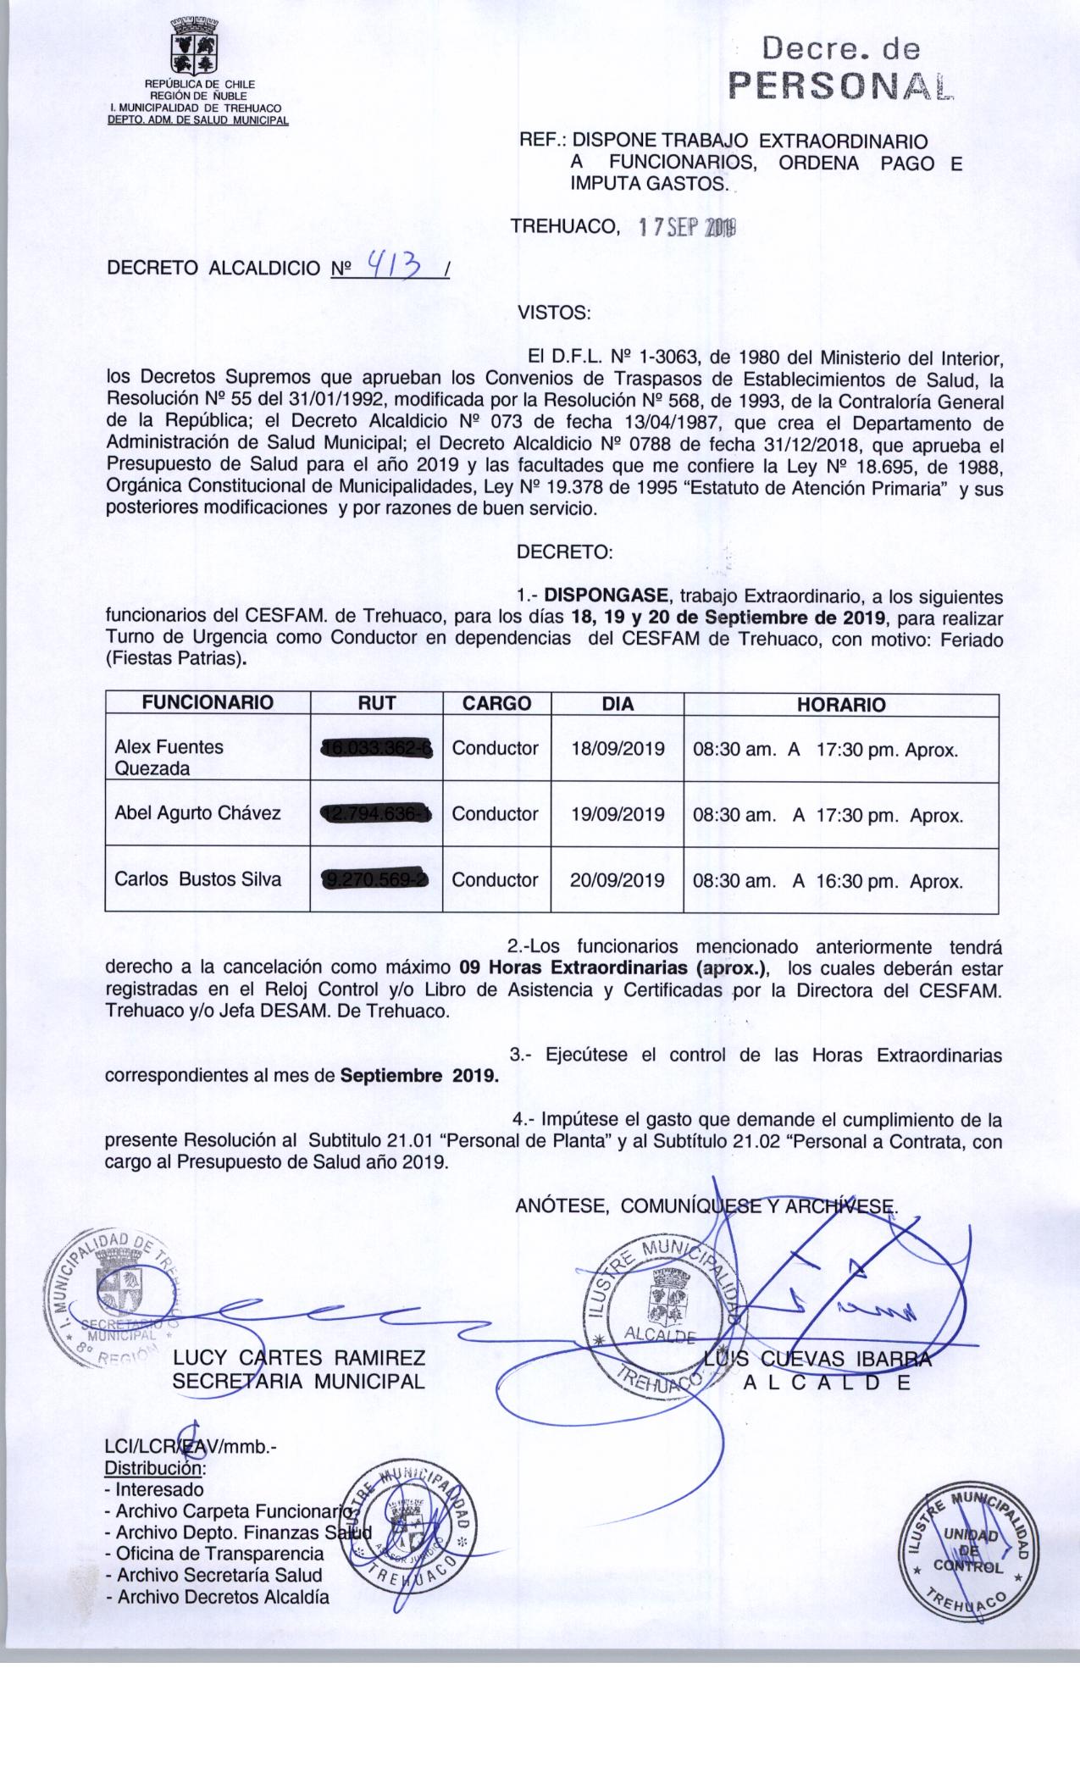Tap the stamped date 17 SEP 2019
687,227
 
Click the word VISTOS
553,313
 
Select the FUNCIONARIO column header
208,703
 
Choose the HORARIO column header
840,705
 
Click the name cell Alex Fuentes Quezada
169,757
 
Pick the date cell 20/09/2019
617,880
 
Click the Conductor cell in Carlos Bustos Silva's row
495,880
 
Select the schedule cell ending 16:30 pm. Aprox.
828,881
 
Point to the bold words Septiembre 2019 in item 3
419,1077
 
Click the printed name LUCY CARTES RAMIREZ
299,1359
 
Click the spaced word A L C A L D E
827,1383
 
